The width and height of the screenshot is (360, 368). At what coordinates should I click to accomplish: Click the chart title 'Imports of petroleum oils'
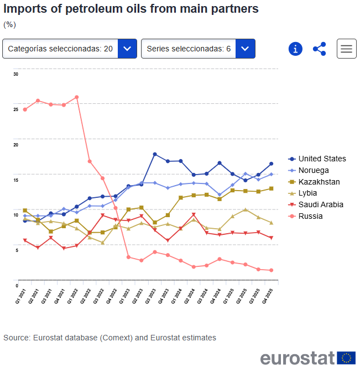tap(131, 9)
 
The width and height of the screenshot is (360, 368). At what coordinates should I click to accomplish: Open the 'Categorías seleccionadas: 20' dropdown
tap(70, 49)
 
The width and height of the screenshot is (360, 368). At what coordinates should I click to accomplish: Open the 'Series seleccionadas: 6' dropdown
tap(198, 49)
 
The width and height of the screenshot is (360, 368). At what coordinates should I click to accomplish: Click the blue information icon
tap(295, 49)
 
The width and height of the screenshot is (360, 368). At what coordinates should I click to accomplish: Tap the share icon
tap(320, 49)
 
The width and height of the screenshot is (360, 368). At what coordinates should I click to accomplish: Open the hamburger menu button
tap(346, 49)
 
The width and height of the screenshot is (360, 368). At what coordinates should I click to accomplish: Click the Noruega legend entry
tap(314, 170)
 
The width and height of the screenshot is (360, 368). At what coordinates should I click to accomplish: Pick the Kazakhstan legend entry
tap(319, 182)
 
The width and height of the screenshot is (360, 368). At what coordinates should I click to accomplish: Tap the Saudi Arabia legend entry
tap(321, 204)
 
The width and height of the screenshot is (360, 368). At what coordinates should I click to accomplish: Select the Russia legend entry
tap(310, 216)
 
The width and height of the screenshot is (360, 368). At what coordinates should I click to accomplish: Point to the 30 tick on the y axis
tap(16, 74)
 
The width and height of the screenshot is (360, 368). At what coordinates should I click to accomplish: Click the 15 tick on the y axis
tap(16, 180)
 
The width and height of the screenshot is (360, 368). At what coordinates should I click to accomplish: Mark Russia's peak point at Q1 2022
tap(76, 97)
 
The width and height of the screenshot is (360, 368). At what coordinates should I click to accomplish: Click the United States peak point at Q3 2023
tap(155, 154)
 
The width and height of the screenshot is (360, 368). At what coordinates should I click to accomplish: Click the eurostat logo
tap(307, 358)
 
